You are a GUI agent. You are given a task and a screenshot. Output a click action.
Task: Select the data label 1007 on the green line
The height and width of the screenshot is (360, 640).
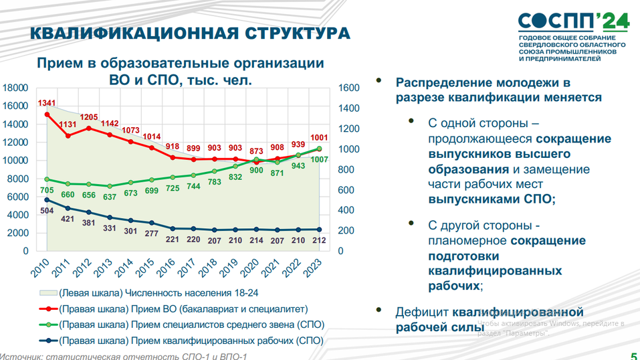(x=318, y=159)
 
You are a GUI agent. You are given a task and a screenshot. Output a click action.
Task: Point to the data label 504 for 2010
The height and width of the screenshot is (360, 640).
(x=47, y=211)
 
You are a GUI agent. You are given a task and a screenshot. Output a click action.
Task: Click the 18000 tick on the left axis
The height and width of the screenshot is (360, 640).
(x=15, y=88)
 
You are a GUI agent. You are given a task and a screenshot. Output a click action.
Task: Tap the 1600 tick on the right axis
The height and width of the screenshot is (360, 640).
(x=348, y=88)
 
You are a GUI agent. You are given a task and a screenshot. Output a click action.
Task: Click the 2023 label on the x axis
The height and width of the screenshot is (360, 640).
(x=312, y=267)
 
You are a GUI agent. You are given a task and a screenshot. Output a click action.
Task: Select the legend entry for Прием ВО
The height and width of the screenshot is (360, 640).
(x=183, y=309)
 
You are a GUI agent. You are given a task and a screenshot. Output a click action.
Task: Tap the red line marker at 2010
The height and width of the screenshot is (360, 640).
(x=47, y=114)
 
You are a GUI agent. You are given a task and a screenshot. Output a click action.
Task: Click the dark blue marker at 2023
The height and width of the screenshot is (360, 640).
(x=319, y=230)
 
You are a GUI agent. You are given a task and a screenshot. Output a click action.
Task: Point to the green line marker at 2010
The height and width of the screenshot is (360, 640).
(x=47, y=179)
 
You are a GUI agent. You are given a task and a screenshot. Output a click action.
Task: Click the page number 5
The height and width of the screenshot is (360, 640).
(x=633, y=355)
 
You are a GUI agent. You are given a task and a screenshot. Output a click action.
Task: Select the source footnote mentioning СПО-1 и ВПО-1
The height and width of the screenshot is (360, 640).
(x=124, y=356)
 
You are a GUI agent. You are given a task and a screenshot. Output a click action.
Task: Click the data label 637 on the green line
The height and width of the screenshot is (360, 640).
(x=109, y=197)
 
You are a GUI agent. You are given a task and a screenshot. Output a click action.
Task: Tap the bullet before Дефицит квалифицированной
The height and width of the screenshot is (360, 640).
(x=379, y=310)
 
